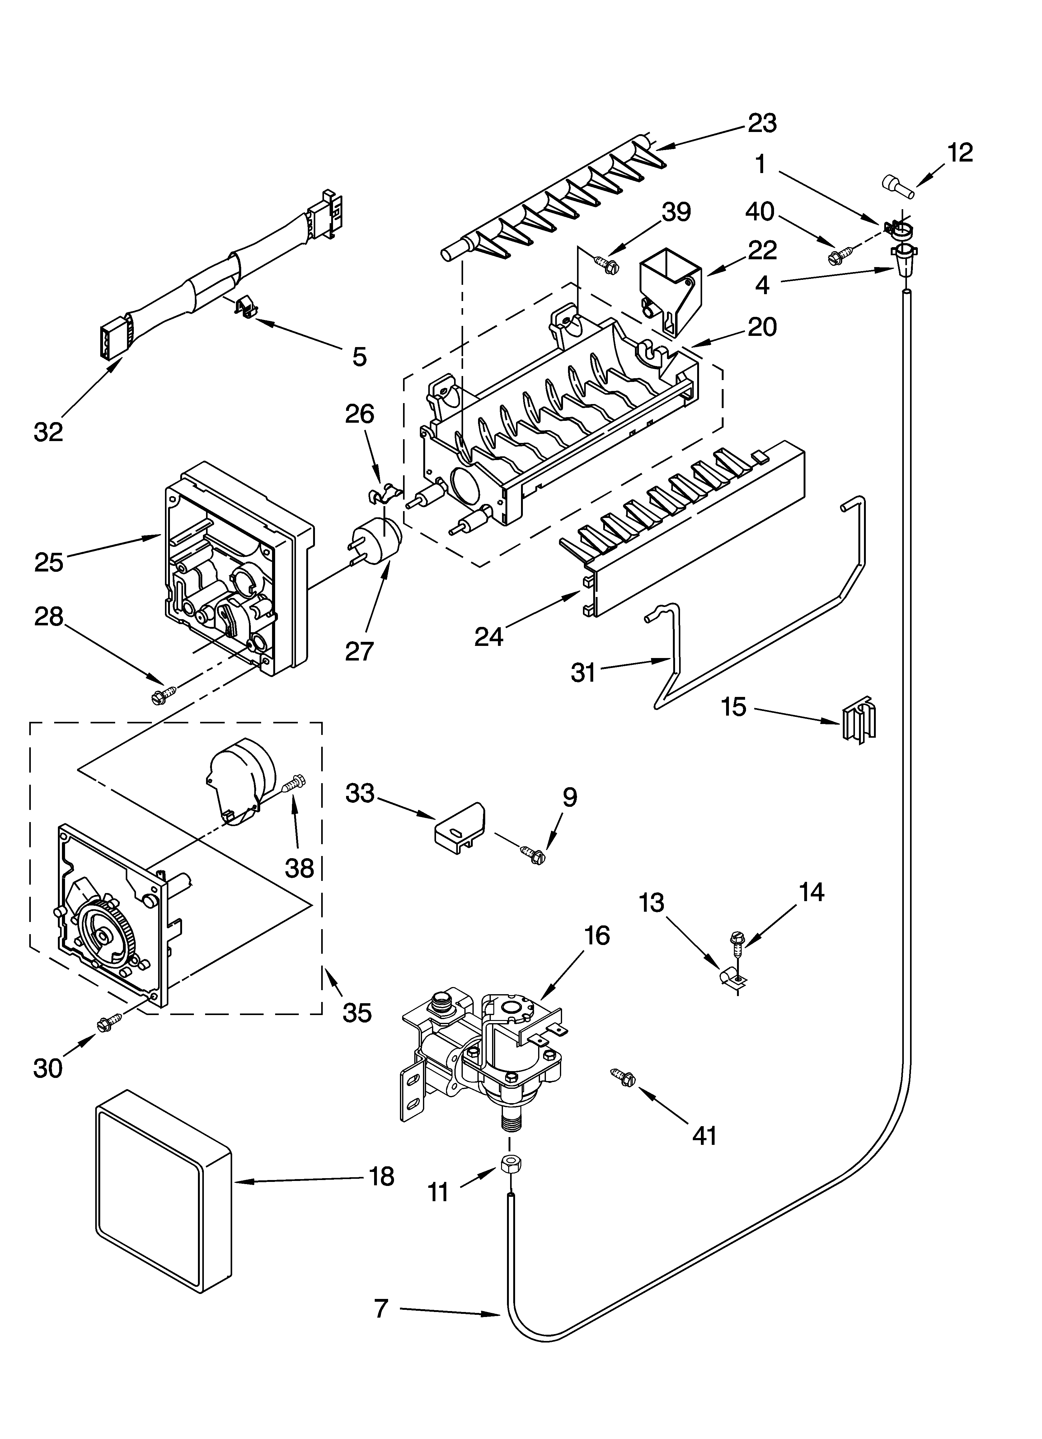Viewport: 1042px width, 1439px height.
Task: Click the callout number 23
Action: point(762,123)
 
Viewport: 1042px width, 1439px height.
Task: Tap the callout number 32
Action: point(48,432)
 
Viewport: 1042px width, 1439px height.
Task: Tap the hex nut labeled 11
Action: point(508,1164)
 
